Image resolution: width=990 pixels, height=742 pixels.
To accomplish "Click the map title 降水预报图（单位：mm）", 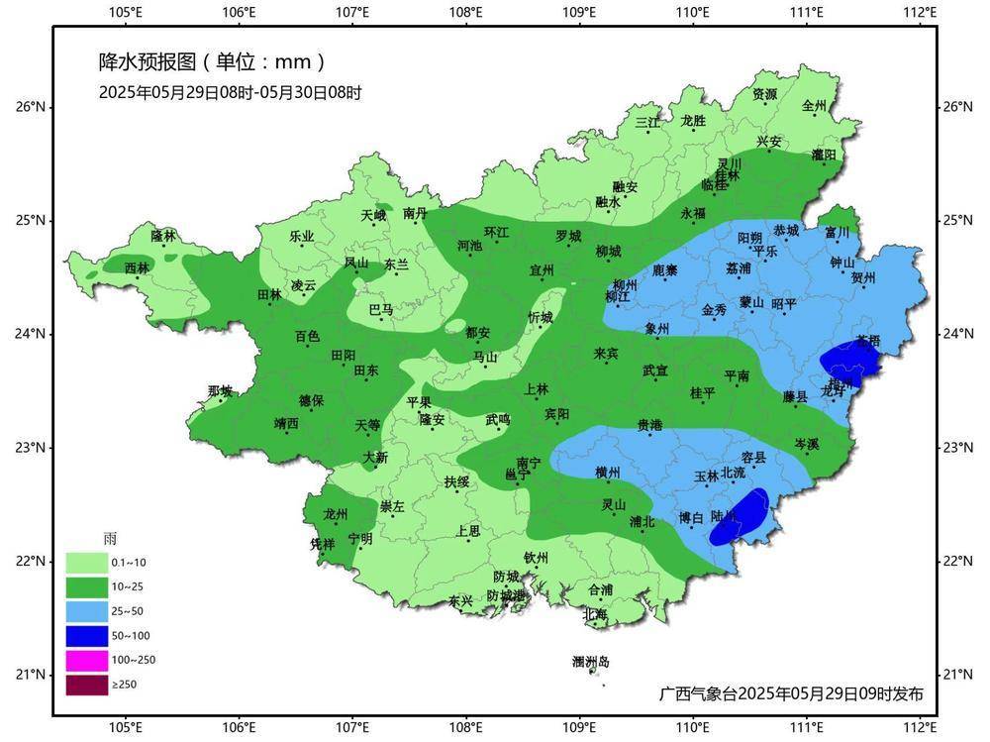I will point(212,62).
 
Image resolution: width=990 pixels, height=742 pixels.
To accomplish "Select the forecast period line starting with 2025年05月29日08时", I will point(230,93).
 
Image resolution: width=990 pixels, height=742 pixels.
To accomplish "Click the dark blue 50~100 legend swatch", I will point(87,635).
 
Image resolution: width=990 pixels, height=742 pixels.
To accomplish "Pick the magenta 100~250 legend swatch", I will point(87,660).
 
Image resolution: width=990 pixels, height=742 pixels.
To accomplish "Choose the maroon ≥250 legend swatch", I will point(87,684).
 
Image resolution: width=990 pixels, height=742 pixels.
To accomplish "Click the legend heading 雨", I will point(110,538).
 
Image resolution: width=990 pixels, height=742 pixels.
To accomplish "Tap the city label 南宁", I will point(529,463).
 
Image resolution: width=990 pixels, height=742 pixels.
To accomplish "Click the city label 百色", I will point(307,337).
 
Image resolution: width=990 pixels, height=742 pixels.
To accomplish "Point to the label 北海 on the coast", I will point(595,613).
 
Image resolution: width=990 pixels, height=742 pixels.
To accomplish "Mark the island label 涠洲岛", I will point(591,662).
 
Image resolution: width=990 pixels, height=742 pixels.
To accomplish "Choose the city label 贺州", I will point(863,278).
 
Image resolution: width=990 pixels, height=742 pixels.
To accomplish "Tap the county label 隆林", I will point(163,236).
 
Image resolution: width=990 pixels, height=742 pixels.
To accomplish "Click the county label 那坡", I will point(220,391).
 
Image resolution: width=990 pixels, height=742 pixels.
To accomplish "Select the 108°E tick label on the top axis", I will point(466,13).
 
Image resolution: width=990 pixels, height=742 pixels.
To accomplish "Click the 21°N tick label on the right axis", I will point(956,675).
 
